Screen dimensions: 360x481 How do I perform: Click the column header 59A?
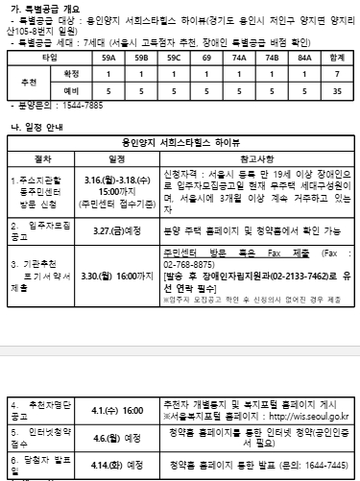tap(108, 59)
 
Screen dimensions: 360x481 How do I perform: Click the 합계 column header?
tap(337, 59)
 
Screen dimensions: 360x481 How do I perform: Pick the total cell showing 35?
tap(337, 91)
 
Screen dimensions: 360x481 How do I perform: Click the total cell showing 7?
tap(337, 74)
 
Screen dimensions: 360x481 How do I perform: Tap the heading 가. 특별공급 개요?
tap(47, 8)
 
